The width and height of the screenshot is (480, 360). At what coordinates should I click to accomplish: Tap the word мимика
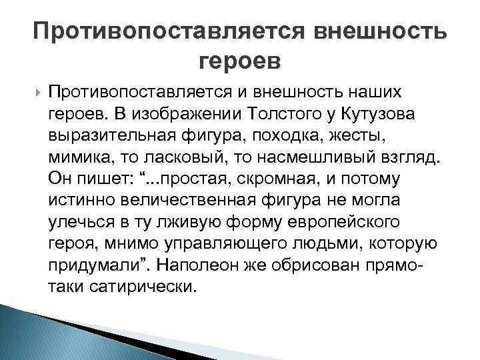[x=73, y=157]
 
